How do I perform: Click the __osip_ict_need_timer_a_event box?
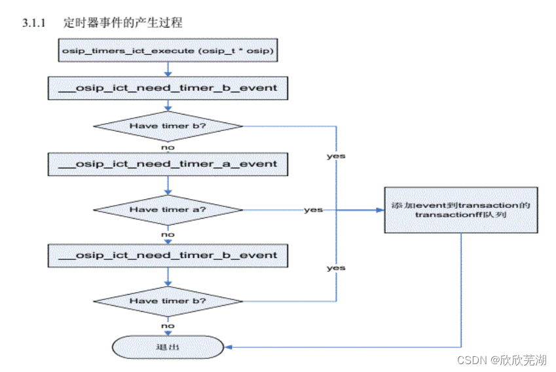[x=168, y=164]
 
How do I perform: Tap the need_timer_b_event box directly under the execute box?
[x=168, y=88]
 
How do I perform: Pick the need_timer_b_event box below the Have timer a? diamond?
[x=168, y=255]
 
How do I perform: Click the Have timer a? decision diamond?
[x=168, y=210]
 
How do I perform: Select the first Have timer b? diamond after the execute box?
[x=168, y=125]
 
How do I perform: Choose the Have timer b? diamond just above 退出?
[x=168, y=301]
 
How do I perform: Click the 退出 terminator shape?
[x=168, y=347]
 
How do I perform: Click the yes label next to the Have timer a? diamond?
[x=313, y=210]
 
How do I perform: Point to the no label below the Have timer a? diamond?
[x=168, y=234]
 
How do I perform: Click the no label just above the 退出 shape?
[x=168, y=325]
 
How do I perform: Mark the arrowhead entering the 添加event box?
[x=380, y=210]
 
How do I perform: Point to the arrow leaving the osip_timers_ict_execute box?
[x=168, y=69]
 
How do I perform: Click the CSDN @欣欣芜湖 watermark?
[x=502, y=360]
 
